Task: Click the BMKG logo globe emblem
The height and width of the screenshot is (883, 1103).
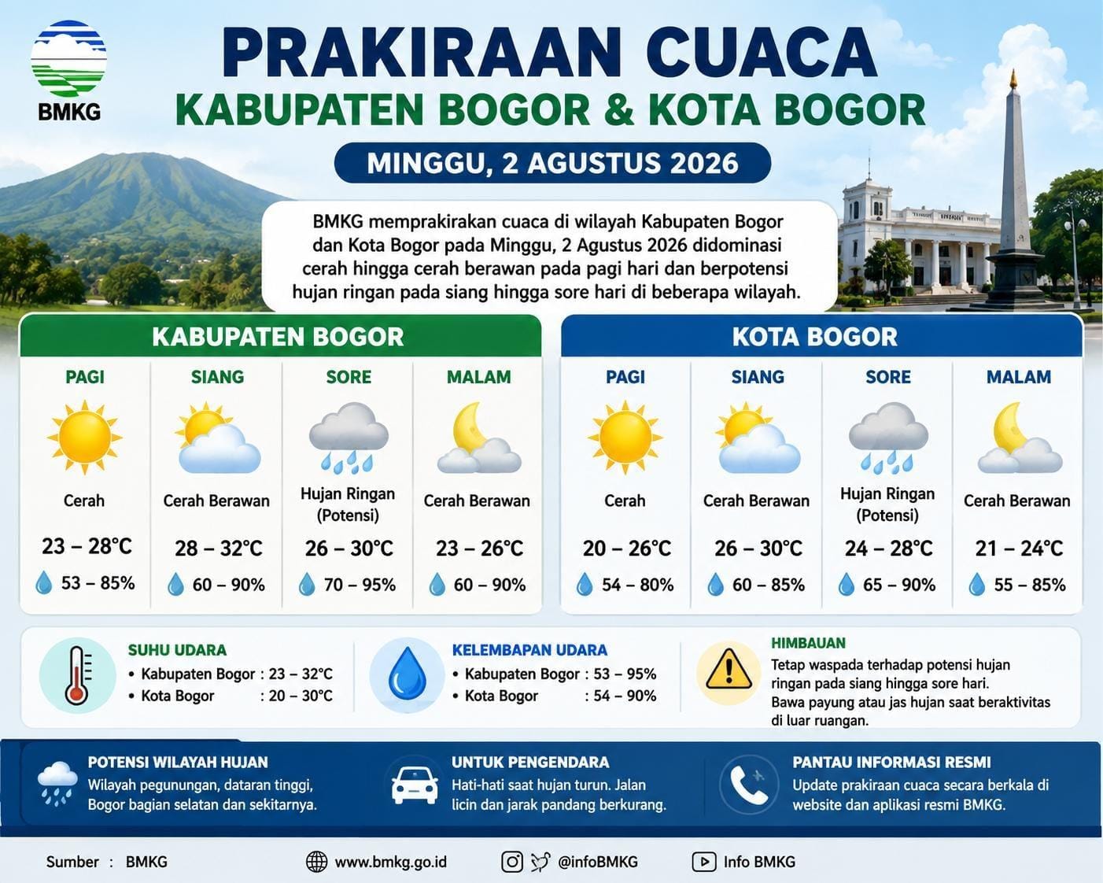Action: coord(68,58)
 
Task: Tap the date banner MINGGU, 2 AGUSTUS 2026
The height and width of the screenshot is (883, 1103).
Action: coord(552,163)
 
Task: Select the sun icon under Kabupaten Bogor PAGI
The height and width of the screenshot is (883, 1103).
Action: coord(84,438)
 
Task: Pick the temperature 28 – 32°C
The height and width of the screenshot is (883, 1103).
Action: coord(219,549)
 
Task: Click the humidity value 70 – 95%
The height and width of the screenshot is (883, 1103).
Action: coord(360,585)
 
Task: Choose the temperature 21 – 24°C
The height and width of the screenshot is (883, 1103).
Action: coord(1019,549)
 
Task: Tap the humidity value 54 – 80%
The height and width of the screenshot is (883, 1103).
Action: coord(637,585)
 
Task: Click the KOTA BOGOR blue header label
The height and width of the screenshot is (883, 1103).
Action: coord(815,337)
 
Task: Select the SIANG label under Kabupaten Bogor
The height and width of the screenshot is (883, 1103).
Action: coord(217,377)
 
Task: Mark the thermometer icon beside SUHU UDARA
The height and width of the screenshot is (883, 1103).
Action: coord(77,675)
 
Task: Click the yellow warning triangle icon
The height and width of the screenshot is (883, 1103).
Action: coord(729,669)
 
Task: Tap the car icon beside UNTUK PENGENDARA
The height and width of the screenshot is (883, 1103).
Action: coord(415,785)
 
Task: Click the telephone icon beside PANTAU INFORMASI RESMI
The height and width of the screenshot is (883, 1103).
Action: coord(749,785)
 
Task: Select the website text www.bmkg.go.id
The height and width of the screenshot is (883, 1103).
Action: coord(390,862)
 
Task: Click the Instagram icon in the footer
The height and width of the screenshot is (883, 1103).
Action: coord(511,862)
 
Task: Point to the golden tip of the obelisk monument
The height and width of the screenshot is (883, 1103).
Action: coord(1013,79)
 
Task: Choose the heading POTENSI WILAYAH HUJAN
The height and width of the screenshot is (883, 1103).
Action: coord(178,763)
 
